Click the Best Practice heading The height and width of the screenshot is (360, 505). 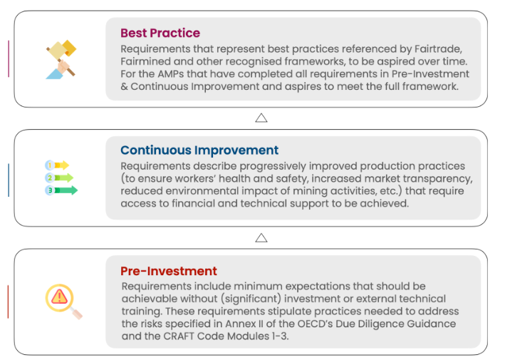pos(160,33)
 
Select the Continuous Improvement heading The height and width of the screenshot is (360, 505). pos(199,150)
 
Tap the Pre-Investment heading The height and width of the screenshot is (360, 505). pos(168,271)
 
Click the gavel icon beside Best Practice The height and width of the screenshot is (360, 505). pos(61,59)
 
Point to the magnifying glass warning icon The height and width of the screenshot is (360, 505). pos(63,302)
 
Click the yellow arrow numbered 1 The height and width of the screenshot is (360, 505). pos(57,165)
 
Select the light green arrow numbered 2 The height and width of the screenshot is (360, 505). pos(59,178)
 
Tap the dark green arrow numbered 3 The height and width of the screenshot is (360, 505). pos(61,190)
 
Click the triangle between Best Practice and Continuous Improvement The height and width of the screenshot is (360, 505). pos(261,118)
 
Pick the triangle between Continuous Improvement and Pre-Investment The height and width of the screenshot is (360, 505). pos(261,238)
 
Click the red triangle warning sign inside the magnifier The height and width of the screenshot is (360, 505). pos(59,297)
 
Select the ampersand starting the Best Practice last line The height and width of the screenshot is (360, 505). pos(124,86)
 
